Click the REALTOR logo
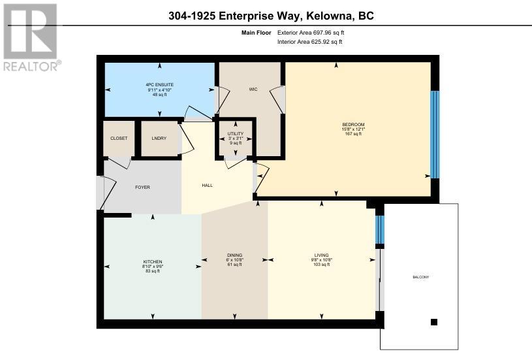(32, 37)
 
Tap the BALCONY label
(421, 277)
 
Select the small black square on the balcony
(434, 322)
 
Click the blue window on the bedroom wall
(435, 135)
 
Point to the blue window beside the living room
(380, 229)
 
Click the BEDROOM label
(353, 124)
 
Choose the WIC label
(253, 90)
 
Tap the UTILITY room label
(236, 134)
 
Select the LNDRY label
(159, 139)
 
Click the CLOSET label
(119, 139)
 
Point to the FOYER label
(142, 187)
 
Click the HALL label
(208, 185)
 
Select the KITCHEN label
(153, 262)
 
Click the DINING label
(235, 255)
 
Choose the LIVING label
(321, 255)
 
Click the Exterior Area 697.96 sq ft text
(311, 33)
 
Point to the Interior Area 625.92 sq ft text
(310, 42)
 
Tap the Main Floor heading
(256, 33)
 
